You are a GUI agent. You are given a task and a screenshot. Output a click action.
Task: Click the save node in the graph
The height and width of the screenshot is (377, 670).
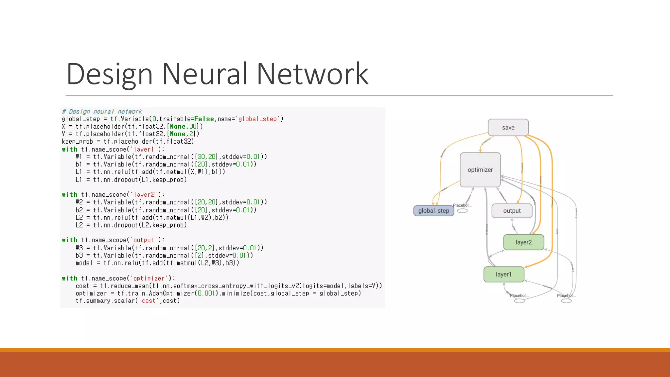click(x=508, y=128)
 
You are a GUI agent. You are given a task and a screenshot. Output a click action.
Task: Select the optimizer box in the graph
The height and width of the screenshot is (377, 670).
click(x=480, y=170)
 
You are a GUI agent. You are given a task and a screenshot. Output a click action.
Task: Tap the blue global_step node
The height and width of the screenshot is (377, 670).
click(x=433, y=211)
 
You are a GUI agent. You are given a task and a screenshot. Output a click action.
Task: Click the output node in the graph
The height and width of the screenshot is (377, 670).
click(x=512, y=211)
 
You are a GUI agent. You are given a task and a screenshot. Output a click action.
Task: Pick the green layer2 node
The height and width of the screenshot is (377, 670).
click(x=523, y=242)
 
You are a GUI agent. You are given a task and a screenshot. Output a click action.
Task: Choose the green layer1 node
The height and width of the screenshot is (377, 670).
click(x=503, y=274)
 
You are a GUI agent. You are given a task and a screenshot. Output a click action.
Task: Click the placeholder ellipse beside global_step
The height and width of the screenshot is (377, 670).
click(x=462, y=211)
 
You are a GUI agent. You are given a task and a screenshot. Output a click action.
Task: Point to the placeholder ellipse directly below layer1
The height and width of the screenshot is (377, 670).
click(x=519, y=301)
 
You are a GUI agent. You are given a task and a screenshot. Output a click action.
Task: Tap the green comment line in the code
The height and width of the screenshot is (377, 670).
click(x=102, y=112)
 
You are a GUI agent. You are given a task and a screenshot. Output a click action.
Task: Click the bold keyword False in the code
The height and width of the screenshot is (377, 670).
click(x=204, y=119)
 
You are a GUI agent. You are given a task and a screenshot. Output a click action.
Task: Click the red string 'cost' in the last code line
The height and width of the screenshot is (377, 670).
click(x=148, y=301)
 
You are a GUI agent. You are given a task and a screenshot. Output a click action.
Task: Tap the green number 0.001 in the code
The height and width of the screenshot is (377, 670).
click(x=205, y=293)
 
